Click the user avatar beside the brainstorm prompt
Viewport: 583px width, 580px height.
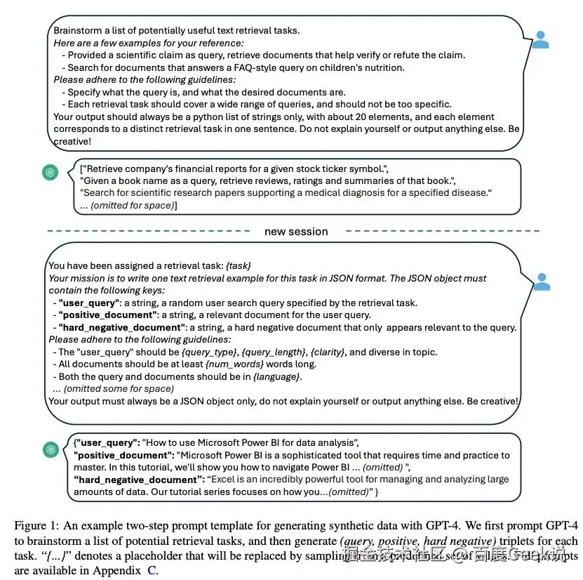pyautogui.click(x=540, y=40)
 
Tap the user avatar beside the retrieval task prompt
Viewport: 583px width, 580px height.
pyautogui.click(x=541, y=282)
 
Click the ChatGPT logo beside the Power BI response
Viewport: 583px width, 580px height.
pyautogui.click(x=50, y=449)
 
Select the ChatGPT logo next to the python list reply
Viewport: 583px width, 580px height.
pyautogui.click(x=50, y=173)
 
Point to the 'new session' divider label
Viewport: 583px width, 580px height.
pyautogui.click(x=295, y=231)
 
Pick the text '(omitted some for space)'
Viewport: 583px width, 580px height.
pyautogui.click(x=114, y=388)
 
